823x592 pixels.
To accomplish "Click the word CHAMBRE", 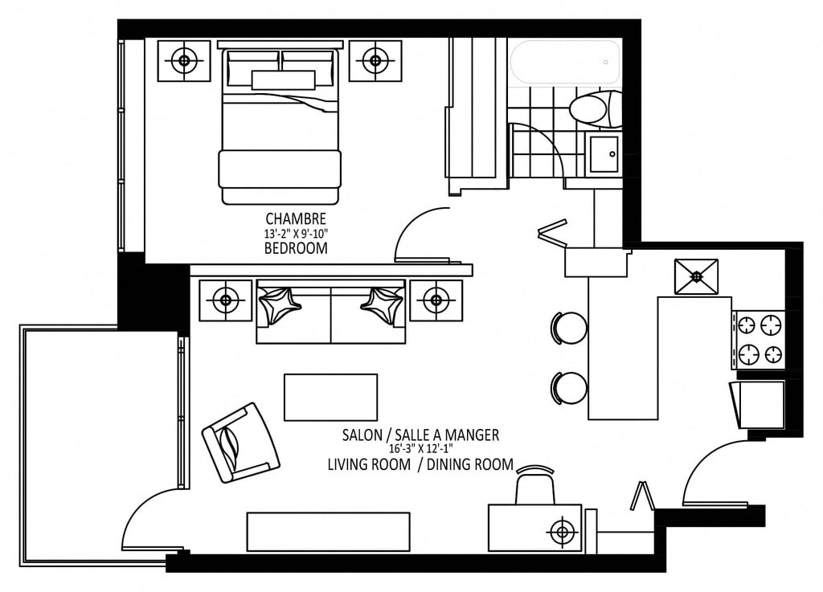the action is click(296, 218).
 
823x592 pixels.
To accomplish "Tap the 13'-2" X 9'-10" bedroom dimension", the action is click(296, 233).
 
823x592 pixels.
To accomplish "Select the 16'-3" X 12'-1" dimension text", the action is click(420, 448).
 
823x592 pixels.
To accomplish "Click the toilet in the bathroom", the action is click(596, 109).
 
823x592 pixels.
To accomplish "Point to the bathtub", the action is click(565, 62).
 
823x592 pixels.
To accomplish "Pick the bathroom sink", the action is click(604, 153).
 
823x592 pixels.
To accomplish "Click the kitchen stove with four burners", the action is click(760, 340).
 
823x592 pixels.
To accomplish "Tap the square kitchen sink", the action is click(696, 276).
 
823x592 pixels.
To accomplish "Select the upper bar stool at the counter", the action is click(569, 329).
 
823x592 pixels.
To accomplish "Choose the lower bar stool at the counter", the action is click(569, 388).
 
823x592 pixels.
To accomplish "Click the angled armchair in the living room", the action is click(241, 443).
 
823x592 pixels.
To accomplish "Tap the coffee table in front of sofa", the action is click(330, 397).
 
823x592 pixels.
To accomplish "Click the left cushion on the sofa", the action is click(280, 305).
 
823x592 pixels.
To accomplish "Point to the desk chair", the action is click(534, 485).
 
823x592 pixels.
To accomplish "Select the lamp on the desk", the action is click(562, 533).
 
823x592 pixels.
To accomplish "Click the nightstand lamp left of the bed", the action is click(184, 61).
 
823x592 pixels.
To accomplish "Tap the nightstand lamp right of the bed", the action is click(375, 60).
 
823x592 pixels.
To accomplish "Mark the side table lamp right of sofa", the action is click(436, 300).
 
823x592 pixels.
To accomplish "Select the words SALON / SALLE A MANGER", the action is click(420, 435).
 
